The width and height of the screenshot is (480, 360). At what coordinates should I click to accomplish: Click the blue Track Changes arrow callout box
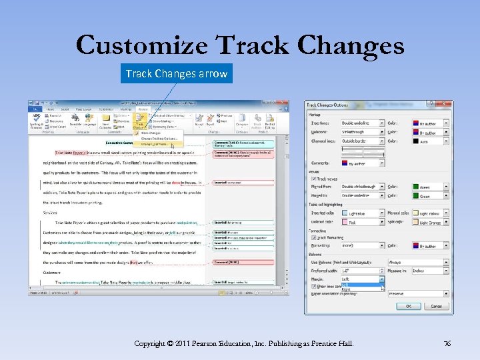(x=177, y=73)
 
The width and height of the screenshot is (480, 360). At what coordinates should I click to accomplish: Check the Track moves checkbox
(x=313, y=179)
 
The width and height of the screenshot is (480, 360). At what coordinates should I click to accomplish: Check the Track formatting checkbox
(x=313, y=237)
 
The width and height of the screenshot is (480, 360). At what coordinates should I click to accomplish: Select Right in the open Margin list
(x=346, y=289)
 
